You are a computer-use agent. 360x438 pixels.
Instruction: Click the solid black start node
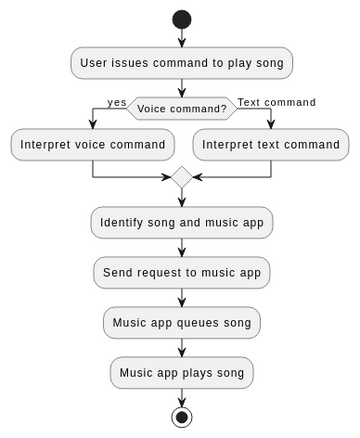click(x=181, y=19)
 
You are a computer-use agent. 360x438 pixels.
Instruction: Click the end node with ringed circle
click(x=181, y=417)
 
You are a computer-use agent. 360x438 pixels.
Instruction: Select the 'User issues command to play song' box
click(x=181, y=63)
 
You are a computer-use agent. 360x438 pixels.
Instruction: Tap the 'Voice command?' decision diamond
click(x=181, y=108)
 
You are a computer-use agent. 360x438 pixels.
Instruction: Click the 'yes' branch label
click(x=117, y=102)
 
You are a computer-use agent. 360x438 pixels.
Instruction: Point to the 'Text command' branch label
click(x=276, y=102)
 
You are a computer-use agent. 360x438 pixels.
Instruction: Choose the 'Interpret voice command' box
click(x=92, y=144)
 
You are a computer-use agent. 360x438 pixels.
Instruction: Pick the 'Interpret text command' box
click(x=270, y=144)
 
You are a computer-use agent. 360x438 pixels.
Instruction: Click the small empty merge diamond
click(x=181, y=177)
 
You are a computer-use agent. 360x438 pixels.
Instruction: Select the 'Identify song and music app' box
click(x=181, y=222)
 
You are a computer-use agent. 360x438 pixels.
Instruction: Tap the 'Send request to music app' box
click(x=181, y=272)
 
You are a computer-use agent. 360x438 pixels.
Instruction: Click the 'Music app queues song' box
click(x=181, y=323)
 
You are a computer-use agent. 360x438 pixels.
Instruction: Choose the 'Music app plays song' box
click(x=181, y=373)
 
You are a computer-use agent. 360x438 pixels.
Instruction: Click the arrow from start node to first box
click(x=181, y=38)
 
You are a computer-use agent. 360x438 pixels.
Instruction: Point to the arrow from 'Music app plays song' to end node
click(x=181, y=397)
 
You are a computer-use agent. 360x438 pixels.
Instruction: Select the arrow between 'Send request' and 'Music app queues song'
click(x=181, y=297)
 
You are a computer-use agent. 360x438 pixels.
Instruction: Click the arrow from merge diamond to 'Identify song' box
click(x=181, y=197)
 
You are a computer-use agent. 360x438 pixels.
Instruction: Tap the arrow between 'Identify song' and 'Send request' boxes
click(x=181, y=247)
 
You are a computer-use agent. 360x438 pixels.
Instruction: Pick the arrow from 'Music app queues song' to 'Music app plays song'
click(x=181, y=348)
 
